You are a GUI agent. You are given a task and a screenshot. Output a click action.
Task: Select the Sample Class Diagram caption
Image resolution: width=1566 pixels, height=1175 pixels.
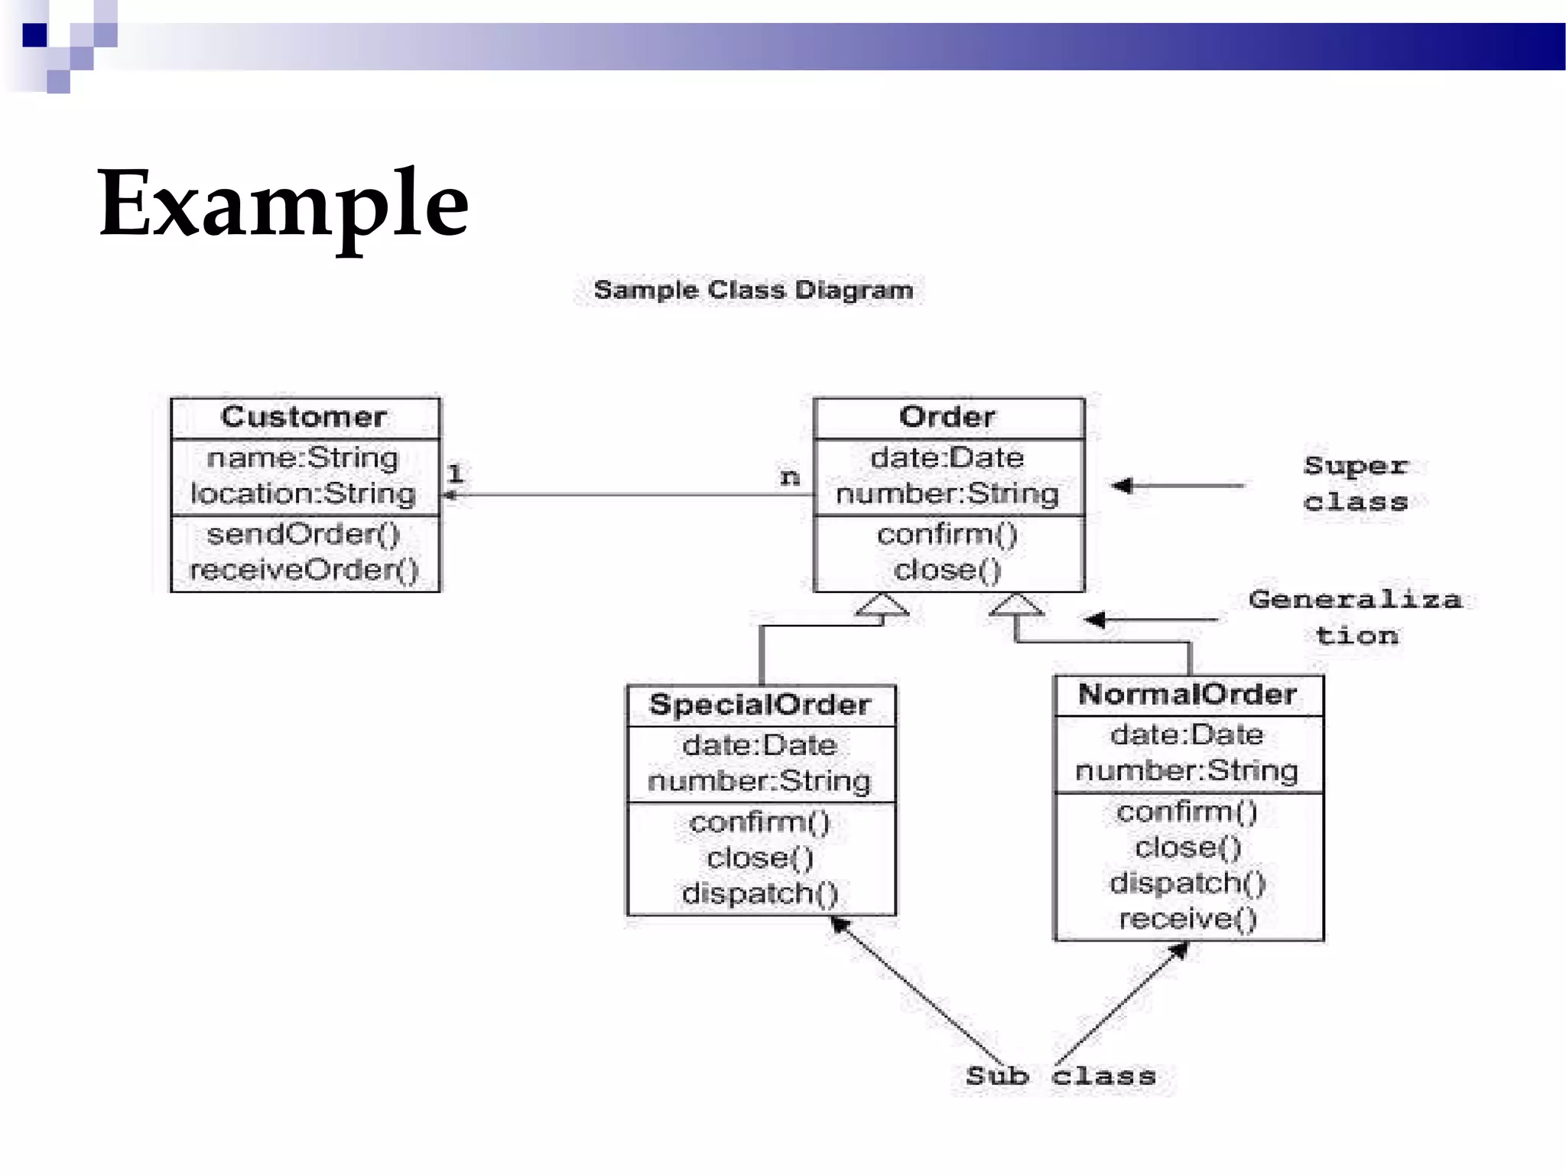(x=753, y=291)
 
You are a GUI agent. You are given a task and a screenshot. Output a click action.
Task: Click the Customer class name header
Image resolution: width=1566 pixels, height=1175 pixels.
(x=304, y=417)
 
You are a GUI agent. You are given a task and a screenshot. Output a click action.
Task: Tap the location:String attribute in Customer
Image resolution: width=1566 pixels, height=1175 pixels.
(x=304, y=494)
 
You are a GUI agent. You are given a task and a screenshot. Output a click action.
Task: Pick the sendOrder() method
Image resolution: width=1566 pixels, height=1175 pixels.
(x=304, y=534)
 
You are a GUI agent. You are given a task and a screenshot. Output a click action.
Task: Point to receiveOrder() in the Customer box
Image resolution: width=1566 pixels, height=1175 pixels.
(x=304, y=570)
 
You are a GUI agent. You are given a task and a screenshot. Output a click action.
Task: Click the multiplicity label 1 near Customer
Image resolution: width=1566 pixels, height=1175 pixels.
(x=456, y=474)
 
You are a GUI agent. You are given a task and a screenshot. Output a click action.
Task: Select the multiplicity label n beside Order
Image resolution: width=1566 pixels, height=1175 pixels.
(x=790, y=477)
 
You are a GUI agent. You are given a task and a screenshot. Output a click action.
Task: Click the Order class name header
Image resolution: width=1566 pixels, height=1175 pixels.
(x=947, y=417)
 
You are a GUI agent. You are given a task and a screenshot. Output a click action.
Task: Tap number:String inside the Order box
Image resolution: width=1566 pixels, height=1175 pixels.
(x=947, y=494)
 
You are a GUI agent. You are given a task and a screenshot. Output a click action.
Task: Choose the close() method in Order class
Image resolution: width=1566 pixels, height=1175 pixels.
(x=947, y=570)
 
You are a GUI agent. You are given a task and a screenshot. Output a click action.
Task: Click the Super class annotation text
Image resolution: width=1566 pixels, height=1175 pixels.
(x=1356, y=483)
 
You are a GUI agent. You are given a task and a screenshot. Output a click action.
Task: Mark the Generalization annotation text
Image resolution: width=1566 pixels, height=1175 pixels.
(x=1356, y=617)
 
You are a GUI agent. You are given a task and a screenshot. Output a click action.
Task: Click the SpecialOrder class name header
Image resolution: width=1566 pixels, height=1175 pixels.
(x=760, y=705)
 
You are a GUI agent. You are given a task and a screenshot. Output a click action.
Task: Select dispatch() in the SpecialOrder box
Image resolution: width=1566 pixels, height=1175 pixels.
(x=760, y=893)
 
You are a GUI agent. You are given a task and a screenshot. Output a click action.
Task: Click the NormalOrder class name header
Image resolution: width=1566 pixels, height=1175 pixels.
(x=1187, y=695)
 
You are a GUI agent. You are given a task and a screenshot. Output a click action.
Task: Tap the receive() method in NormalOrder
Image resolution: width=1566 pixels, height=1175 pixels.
(x=1187, y=919)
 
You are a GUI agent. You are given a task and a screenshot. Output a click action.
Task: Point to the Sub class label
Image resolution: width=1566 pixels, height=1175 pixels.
(x=1061, y=1076)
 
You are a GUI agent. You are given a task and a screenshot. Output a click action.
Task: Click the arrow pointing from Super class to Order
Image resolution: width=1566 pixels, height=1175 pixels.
(x=1178, y=485)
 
